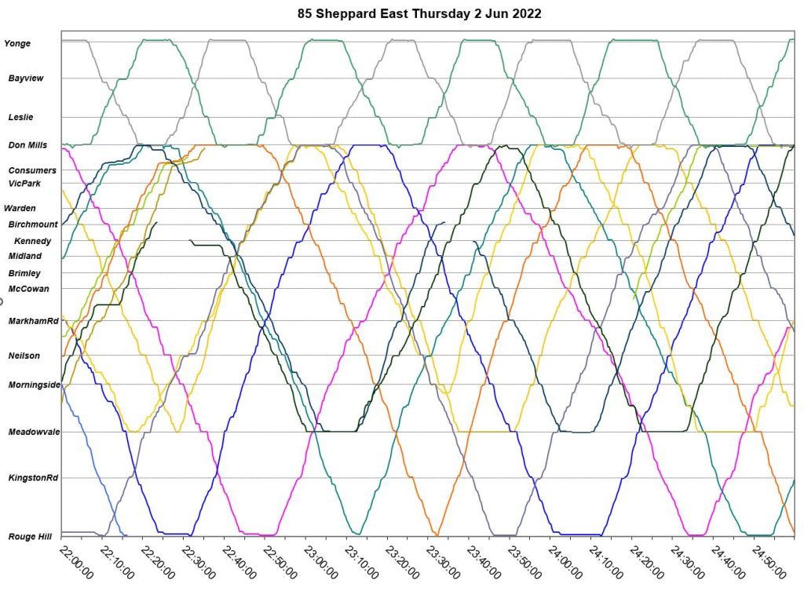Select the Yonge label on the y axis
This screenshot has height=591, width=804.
coord(17,43)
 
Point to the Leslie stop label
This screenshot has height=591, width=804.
coord(20,117)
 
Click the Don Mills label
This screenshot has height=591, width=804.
coord(27,145)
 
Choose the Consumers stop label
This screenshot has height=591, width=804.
coord(32,170)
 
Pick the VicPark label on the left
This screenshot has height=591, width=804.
coord(26,183)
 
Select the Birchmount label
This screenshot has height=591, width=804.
coord(33,224)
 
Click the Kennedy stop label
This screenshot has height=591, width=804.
coord(32,241)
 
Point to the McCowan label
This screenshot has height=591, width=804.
coord(28,289)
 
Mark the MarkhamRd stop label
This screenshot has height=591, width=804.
coord(33,321)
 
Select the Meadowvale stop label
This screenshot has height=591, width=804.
coord(34,432)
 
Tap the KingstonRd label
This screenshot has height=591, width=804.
coord(33,477)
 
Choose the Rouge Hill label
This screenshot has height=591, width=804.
coord(30,537)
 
